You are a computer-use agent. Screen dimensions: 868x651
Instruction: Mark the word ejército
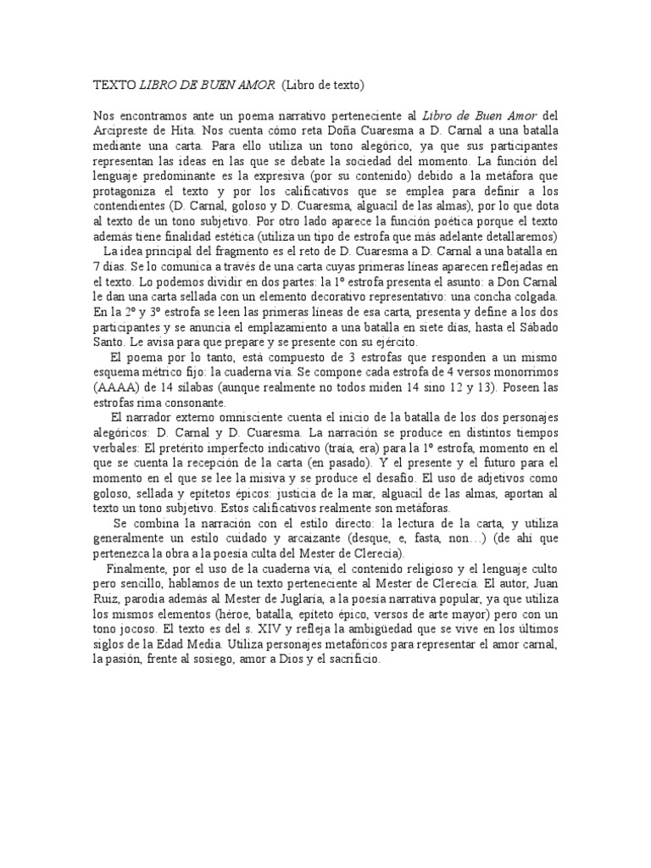392,342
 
